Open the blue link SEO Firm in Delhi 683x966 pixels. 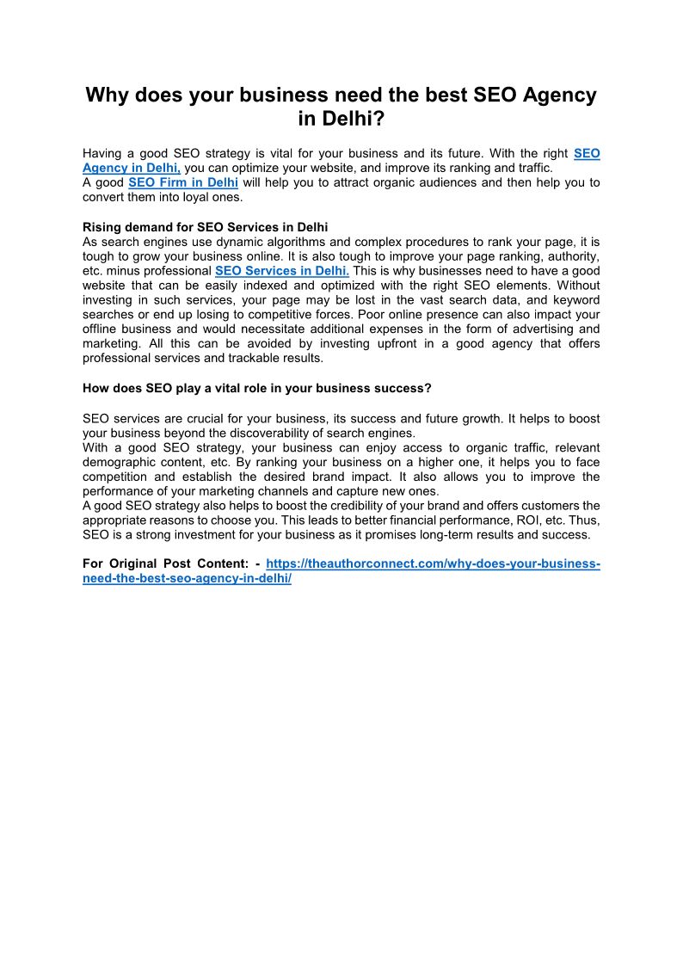tap(183, 182)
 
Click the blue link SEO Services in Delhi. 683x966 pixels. tap(281, 270)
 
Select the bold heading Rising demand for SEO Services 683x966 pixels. tap(205, 227)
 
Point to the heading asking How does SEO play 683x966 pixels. tap(256, 388)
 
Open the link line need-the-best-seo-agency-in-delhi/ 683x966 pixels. tap(188, 579)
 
